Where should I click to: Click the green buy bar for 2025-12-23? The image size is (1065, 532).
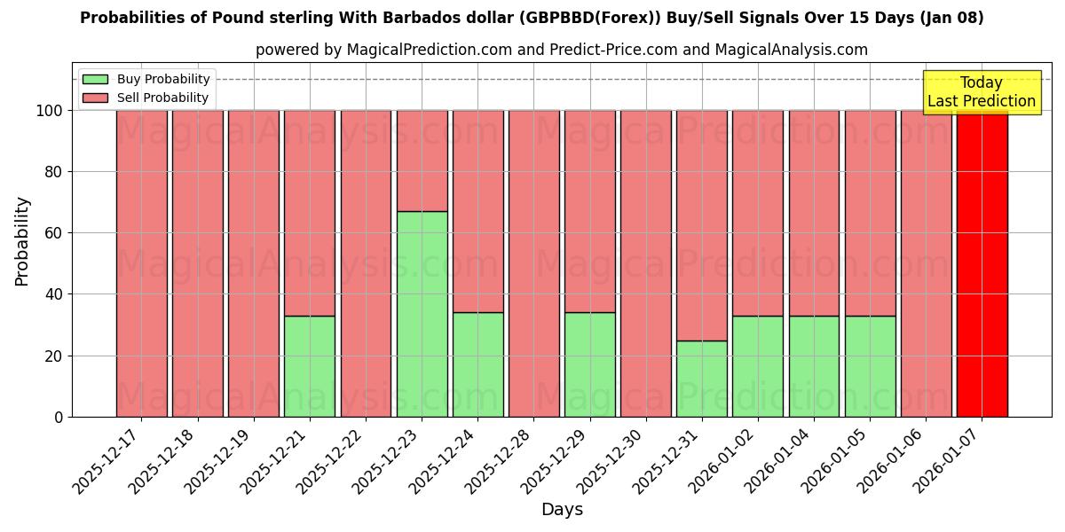point(422,314)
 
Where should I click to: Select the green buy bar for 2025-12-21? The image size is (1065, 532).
point(310,366)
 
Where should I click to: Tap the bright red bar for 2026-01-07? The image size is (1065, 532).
point(982,263)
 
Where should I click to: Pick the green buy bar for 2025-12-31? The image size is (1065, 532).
point(702,379)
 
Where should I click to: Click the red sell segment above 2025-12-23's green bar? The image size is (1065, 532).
point(422,160)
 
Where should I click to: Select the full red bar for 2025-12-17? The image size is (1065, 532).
point(142,263)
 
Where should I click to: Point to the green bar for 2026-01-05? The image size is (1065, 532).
point(870,366)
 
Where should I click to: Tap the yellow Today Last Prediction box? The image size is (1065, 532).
point(982,92)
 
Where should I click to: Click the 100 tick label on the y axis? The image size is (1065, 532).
point(49,111)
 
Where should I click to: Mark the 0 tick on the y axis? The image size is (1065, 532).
point(59,417)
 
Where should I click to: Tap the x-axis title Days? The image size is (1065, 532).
point(562,510)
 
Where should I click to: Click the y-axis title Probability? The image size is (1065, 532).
point(22,241)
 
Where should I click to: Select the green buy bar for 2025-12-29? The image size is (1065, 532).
point(589,364)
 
